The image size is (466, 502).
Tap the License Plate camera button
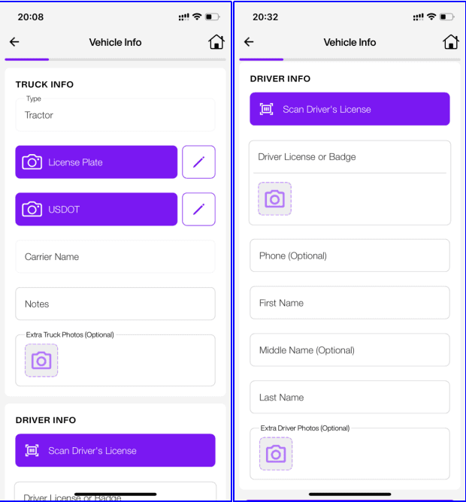coord(96,162)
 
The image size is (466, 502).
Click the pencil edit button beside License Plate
coord(198,162)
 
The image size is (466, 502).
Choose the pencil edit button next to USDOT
coord(198,209)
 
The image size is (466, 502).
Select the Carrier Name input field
coord(115,256)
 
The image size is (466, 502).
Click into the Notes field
coord(115,304)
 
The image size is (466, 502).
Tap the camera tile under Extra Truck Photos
coord(41,361)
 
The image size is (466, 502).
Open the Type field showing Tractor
coord(115,115)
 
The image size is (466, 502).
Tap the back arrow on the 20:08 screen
coord(14,41)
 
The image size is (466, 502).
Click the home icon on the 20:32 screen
coord(451,41)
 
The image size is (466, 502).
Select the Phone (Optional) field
coord(349,256)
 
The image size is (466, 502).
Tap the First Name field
coord(349,303)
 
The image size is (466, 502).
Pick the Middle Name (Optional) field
coord(349,350)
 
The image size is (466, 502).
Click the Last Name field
coord(349,397)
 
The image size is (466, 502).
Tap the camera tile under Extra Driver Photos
coord(276,454)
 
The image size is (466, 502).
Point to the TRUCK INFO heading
coord(44,84)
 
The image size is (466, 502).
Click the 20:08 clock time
coord(30,17)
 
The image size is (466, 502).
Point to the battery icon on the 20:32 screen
coord(447,17)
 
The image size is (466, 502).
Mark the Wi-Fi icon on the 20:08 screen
coord(197,17)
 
